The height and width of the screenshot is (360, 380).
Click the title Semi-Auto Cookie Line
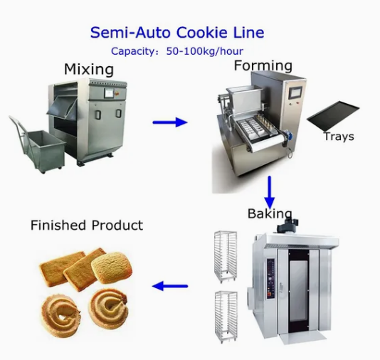[176, 33]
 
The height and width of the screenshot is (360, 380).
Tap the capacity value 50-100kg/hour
[206, 51]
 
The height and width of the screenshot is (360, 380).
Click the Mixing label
[88, 70]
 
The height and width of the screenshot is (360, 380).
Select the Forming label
[263, 65]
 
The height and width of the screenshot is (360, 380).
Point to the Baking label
[270, 213]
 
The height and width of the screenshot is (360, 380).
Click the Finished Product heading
[86, 226]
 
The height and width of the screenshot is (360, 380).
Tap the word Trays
[338, 137]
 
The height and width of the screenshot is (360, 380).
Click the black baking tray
[332, 114]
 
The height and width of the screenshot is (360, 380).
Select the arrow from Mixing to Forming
[170, 122]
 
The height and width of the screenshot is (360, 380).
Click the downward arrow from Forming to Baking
[270, 190]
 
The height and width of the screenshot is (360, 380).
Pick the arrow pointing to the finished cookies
[170, 287]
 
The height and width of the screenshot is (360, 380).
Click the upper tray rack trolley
[226, 256]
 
